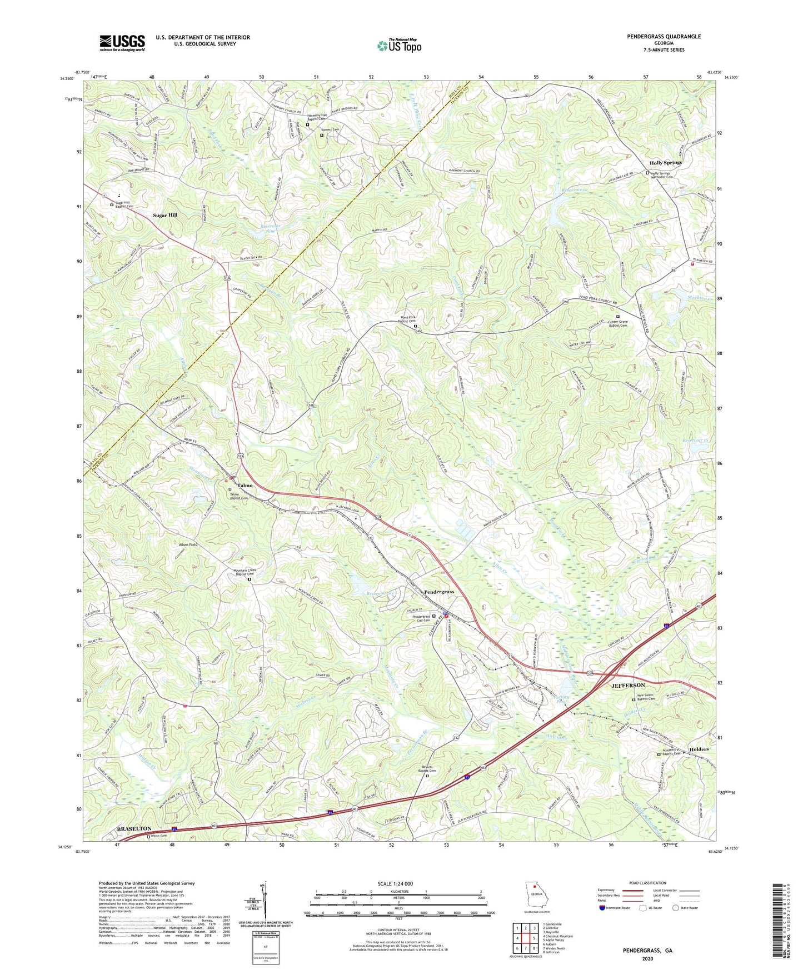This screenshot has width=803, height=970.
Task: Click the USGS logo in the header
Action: pyautogui.click(x=122, y=42)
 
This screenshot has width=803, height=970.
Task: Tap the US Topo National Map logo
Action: pyautogui.click(x=398, y=45)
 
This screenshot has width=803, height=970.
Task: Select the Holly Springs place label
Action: pyautogui.click(x=665, y=163)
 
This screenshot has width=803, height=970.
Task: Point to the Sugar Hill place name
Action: pyautogui.click(x=165, y=215)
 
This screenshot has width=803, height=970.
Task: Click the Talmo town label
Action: pyautogui.click(x=245, y=485)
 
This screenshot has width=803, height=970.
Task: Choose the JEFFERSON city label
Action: pyautogui.click(x=628, y=686)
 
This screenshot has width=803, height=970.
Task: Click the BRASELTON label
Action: pyautogui.click(x=134, y=829)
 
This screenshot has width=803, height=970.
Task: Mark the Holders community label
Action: pyautogui.click(x=699, y=749)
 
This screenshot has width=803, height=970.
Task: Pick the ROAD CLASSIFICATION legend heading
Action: pyautogui.click(x=648, y=883)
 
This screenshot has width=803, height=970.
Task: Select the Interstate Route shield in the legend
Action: pyautogui.click(x=602, y=908)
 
